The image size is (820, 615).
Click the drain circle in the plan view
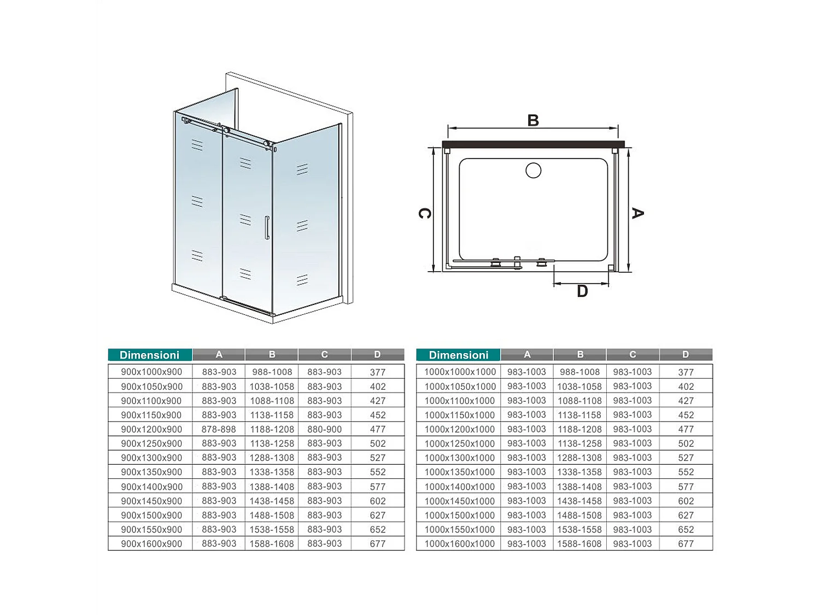534,171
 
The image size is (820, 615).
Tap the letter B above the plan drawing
533,120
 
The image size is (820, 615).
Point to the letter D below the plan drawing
582,291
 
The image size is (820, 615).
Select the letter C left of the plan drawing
424,213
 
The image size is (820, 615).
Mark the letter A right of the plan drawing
637,213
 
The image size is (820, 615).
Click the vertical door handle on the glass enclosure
267,227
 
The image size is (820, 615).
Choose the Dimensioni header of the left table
150,355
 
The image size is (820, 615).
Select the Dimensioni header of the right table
458,355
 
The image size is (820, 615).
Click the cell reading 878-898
219,429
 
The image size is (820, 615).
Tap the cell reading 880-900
325,429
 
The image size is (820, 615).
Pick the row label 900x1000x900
151,372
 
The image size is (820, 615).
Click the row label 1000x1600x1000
459,544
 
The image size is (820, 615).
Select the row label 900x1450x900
151,501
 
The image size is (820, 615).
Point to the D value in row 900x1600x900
378,544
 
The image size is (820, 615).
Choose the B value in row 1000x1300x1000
579,458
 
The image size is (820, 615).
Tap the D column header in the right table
686,355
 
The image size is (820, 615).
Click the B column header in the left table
272,355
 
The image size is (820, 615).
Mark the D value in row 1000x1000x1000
686,372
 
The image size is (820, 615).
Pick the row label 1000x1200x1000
459,429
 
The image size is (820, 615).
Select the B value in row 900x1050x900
272,386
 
